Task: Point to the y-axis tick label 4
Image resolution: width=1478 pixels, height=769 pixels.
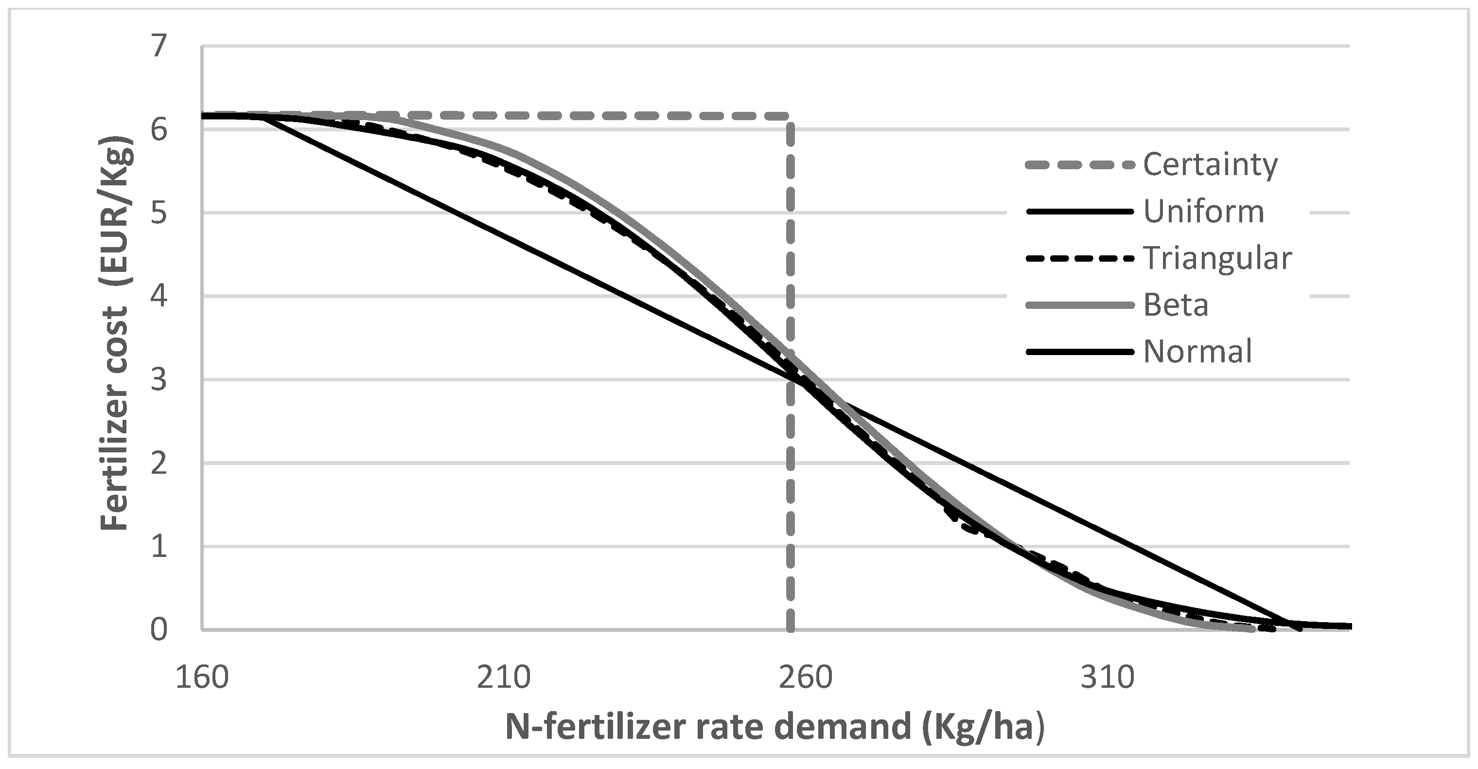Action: tap(159, 297)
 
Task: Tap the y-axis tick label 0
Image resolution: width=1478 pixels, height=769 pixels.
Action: tap(159, 630)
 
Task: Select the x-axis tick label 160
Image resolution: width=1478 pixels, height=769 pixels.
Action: tap(202, 677)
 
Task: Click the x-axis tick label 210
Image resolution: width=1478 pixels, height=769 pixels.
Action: tap(504, 677)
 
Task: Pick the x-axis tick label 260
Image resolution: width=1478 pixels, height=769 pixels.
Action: tap(806, 677)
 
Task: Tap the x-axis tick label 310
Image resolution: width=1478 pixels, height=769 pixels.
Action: tap(1108, 677)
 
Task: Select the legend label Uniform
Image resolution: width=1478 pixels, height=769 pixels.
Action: tap(1204, 212)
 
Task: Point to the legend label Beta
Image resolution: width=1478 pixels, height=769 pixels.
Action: tap(1176, 305)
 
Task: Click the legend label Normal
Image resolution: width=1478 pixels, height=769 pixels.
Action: tap(1197, 351)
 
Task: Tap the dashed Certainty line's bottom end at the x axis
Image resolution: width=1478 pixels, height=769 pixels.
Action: tap(790, 629)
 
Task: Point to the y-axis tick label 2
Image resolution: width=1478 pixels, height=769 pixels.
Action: tap(159, 463)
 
